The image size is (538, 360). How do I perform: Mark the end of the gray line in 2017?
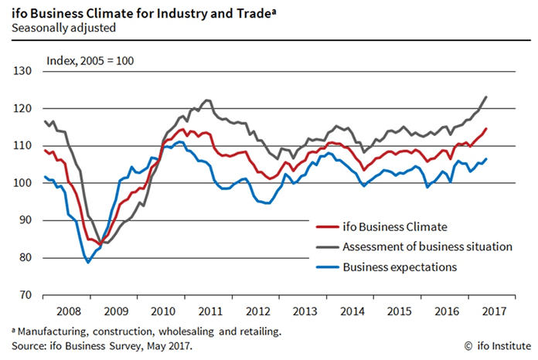tap(486, 97)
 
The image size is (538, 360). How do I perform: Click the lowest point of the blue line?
tap(88, 263)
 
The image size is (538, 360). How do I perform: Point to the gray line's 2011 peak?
tap(207, 100)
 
